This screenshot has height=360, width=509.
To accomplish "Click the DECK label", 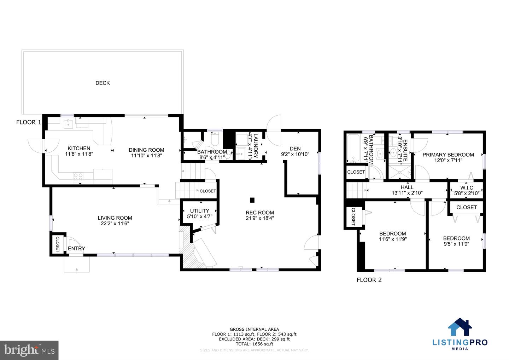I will tap(103, 83).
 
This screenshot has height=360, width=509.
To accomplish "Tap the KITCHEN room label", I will tap(79, 149).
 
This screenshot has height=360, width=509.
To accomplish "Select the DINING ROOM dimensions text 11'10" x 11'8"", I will tap(146, 155).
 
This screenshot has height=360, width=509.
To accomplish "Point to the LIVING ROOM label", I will tap(115, 218).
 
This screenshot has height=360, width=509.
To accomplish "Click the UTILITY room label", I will tap(200, 211).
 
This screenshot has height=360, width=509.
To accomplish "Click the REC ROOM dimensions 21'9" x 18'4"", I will tap(260, 218).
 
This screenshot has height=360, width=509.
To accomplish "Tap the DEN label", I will tap(295, 149).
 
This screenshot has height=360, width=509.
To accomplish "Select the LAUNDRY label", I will tap(256, 145).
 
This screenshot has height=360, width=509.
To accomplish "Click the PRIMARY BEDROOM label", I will tap(448, 155).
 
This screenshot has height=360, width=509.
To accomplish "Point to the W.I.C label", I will tap(467, 187).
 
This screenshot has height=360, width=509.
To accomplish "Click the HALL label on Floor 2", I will tap(407, 187).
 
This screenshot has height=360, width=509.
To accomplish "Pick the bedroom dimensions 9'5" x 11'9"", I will tap(456, 244).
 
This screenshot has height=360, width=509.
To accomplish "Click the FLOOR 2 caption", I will tap(369, 280).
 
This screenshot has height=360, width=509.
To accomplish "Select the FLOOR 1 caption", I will tap(29, 122).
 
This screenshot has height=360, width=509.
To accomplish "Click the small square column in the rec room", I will tap(252, 200).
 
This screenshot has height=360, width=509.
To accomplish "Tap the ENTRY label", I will tap(76, 249).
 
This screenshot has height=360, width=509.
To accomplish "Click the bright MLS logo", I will tap(29, 350).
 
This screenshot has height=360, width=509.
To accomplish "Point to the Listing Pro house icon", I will tap(460, 327).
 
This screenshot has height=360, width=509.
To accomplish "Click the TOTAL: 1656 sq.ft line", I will tap(254, 344).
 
